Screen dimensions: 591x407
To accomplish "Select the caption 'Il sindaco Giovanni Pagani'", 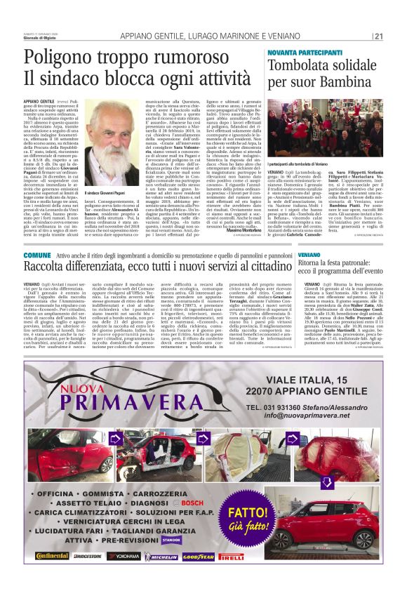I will point(114,192).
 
